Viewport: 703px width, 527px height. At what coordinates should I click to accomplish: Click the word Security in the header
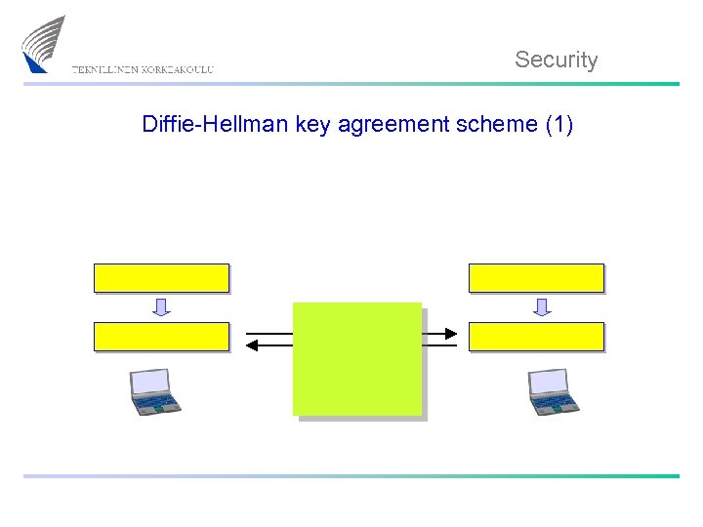pyautogui.click(x=556, y=60)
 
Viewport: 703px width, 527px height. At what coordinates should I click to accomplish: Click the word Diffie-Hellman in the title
pyautogui.click(x=216, y=125)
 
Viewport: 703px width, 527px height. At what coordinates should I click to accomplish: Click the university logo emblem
pyautogui.click(x=44, y=44)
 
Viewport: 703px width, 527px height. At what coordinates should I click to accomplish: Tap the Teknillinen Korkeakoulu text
pyautogui.click(x=143, y=69)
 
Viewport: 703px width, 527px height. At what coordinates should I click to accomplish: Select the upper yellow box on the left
pyautogui.click(x=161, y=278)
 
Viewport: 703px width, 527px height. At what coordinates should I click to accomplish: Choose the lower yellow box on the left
pyautogui.click(x=161, y=337)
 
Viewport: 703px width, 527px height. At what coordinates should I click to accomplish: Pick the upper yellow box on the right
pyautogui.click(x=536, y=278)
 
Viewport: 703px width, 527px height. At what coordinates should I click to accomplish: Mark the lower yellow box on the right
pyautogui.click(x=536, y=337)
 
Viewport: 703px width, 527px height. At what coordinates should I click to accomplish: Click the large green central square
pyautogui.click(x=357, y=358)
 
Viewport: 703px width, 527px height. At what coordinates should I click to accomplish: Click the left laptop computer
pyautogui.click(x=155, y=391)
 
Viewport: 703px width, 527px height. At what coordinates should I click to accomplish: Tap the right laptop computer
pyautogui.click(x=553, y=391)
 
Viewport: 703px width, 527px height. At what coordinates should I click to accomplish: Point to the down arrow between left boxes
pyautogui.click(x=161, y=307)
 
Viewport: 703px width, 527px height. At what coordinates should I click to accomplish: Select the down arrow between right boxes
pyautogui.click(x=542, y=307)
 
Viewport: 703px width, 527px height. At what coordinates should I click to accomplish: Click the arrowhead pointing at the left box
pyautogui.click(x=253, y=345)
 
